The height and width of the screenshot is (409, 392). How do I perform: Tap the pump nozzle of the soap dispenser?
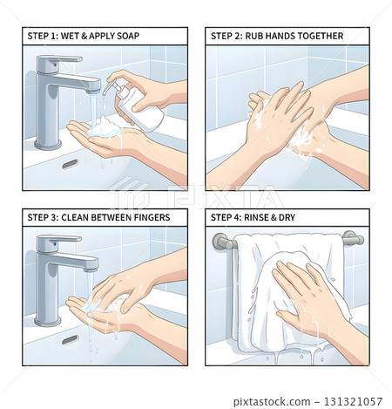(x=107, y=87)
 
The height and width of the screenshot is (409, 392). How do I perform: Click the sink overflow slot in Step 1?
(x=71, y=164)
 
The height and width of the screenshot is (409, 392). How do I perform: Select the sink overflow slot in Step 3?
(x=71, y=340)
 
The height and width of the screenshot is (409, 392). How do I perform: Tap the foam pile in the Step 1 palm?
(x=105, y=128)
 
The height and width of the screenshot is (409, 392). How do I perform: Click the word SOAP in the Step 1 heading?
(x=128, y=36)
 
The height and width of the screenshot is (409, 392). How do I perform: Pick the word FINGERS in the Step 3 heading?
(x=152, y=217)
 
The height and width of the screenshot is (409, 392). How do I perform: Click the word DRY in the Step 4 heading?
(x=287, y=217)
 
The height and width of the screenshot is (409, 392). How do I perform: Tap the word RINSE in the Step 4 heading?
(x=255, y=217)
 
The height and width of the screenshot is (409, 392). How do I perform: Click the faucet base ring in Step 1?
(x=48, y=145)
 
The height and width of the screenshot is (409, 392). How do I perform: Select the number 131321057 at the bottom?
(x=353, y=401)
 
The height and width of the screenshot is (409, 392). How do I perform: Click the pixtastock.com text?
(x=272, y=402)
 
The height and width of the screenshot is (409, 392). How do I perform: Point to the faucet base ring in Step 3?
(x=48, y=322)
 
